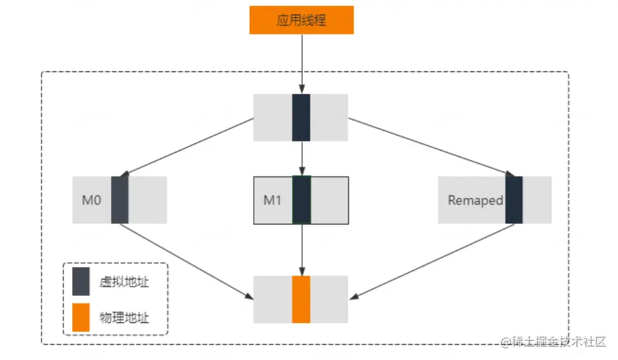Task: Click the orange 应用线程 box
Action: pos(301,20)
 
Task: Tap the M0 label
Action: pos(91,200)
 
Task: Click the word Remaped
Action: pos(475,200)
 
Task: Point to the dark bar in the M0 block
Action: pos(120,200)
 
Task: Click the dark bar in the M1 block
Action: pos(301,200)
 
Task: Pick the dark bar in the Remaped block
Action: pos(514,200)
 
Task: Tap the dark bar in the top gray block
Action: pos(301,118)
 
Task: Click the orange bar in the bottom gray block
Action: pos(301,299)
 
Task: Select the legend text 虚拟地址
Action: pos(124,282)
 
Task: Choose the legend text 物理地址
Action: pos(124,318)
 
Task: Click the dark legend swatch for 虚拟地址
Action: pos(81,282)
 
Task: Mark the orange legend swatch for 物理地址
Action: pos(81,318)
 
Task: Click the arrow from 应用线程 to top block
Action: pos(301,63)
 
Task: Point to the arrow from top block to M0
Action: pos(188,147)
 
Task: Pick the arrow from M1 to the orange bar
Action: pos(301,250)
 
